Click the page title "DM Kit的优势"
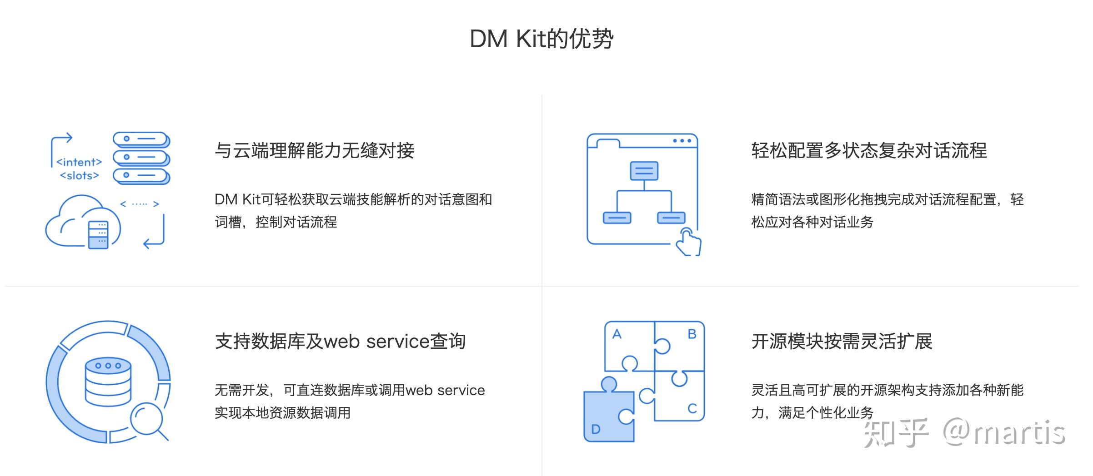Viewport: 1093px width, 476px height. coord(541,39)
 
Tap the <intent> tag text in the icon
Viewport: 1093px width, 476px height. coord(79,162)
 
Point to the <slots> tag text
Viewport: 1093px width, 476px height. coord(80,175)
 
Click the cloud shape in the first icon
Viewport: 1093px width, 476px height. coord(68,223)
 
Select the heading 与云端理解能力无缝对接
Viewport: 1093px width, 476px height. coord(314,150)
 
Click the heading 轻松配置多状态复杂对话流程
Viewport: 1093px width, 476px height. coord(869,150)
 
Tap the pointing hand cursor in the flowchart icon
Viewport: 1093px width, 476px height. coord(687,243)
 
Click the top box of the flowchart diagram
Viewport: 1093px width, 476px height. coord(644,171)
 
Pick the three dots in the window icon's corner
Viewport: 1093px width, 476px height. coord(682,141)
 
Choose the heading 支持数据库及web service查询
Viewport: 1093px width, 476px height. coord(340,341)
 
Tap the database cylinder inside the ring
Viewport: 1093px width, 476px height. coord(108,382)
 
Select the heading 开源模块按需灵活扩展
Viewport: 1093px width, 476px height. coord(842,341)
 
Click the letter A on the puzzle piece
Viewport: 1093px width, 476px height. coord(617,334)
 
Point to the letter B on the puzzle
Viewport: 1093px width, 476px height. coord(692,334)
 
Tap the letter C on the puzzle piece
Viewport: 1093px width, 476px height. coord(692,408)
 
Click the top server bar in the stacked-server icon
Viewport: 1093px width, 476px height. coord(141,139)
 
